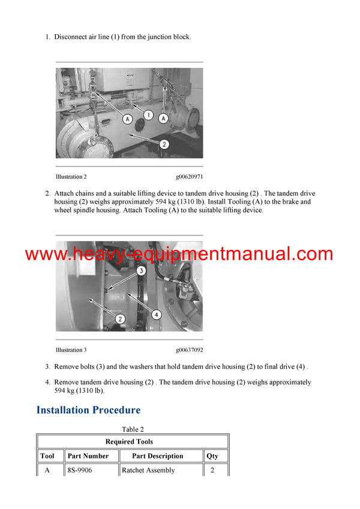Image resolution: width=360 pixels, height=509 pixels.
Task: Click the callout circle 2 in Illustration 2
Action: (164, 144)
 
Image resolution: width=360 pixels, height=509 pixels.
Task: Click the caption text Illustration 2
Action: (71, 177)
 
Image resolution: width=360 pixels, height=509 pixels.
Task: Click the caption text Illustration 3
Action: (71, 350)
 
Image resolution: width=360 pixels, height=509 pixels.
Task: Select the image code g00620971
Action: (189, 177)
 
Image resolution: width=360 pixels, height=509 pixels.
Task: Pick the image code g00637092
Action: (189, 350)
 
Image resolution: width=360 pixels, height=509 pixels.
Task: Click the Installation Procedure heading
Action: (88, 410)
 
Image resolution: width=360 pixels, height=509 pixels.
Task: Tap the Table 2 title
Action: (133, 429)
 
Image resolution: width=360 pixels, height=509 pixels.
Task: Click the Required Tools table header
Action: (133, 442)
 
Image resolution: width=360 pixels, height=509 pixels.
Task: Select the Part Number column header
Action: (88, 456)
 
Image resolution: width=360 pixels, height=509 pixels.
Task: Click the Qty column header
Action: (212, 456)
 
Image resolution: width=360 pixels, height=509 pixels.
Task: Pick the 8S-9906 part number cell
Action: (80, 471)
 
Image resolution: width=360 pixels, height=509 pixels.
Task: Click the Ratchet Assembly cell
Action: (148, 471)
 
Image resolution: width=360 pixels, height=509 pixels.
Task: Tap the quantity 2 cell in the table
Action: (212, 471)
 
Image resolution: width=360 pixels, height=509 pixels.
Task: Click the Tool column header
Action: (47, 456)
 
